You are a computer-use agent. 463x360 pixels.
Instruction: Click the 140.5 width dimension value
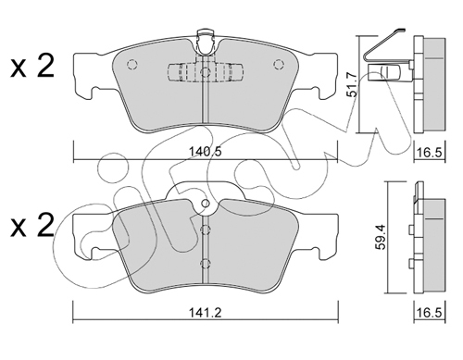tap(206, 153)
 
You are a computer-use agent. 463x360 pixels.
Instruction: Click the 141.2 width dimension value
tap(206, 313)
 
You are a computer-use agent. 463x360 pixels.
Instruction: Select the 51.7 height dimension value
tap(352, 84)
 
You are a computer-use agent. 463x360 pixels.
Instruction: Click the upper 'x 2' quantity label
tap(32, 66)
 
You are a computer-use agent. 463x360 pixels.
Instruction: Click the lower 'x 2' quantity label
tap(32, 226)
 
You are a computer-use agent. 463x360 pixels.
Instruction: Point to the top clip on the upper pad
tap(206, 43)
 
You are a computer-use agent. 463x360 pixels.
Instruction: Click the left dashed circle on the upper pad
tap(131, 64)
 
